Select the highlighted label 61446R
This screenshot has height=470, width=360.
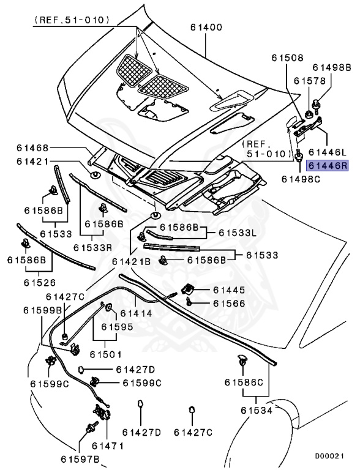[x=328, y=165]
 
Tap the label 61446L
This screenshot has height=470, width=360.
[x=328, y=151]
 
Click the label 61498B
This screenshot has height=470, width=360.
[x=332, y=67]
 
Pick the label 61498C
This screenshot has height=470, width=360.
[x=299, y=179]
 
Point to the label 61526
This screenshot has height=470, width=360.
[x=40, y=283]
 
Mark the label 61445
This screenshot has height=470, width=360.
[x=229, y=289]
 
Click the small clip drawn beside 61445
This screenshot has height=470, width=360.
[x=189, y=289]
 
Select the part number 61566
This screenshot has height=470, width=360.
[x=229, y=303]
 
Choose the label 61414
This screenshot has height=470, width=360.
[x=136, y=313]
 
